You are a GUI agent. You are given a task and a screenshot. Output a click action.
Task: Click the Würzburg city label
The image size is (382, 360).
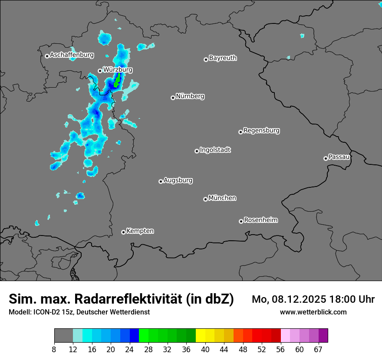click(x=118, y=69)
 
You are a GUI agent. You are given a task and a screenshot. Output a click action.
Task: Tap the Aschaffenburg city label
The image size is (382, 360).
click(x=72, y=55)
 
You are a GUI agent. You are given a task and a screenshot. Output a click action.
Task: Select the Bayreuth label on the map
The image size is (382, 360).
click(x=223, y=58)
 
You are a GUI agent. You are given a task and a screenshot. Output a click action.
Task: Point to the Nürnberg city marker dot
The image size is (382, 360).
click(x=173, y=98)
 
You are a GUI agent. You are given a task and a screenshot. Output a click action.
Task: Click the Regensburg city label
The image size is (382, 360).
click(x=261, y=131)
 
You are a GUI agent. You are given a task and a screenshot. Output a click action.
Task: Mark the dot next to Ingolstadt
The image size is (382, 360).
click(x=197, y=151)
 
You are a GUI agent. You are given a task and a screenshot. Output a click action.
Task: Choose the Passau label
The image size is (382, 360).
click(x=339, y=157)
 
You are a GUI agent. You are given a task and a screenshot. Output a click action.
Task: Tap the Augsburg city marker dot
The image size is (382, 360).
click(x=161, y=181)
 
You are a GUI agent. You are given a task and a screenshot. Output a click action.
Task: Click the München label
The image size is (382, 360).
click(x=222, y=198)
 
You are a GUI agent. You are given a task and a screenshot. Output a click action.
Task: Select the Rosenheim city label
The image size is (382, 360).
click(x=260, y=220)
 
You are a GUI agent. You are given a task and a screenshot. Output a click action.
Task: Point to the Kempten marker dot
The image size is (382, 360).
click(x=123, y=232)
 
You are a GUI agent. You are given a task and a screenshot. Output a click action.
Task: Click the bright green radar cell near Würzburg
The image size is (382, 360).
click(x=117, y=81)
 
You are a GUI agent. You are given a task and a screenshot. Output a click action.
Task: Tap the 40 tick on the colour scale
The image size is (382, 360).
click(x=205, y=349)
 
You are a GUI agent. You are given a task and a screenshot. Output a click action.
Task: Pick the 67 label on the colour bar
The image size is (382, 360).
click(x=318, y=349)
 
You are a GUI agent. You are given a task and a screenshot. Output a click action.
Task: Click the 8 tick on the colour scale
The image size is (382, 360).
click(x=54, y=349)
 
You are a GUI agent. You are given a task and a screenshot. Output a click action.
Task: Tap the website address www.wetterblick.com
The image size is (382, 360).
click(x=313, y=312)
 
